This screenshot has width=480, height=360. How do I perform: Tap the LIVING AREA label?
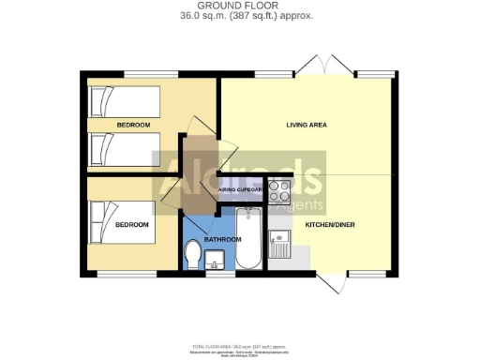coord(307,125)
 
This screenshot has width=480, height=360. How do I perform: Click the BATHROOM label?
coord(223,239)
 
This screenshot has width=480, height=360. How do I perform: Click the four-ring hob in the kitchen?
coord(279,191)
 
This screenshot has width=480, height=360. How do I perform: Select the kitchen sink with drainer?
coord(280,247)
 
